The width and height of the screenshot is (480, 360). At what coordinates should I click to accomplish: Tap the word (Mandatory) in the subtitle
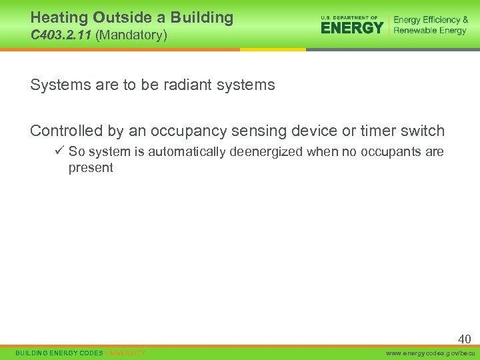(x=131, y=35)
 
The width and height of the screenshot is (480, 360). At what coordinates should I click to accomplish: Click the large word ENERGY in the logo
(x=352, y=27)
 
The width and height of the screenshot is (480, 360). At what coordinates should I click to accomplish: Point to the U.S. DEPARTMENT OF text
(x=349, y=17)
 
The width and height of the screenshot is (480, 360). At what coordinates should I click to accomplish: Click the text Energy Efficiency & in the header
(x=431, y=20)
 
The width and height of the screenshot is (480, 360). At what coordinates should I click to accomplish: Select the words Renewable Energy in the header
(x=430, y=31)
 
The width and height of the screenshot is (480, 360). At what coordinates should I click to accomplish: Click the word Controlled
(x=65, y=131)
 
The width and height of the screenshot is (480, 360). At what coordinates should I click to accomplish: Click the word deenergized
(x=265, y=152)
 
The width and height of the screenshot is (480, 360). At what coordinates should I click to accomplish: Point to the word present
(x=91, y=168)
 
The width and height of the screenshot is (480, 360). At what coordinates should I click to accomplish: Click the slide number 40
(x=464, y=339)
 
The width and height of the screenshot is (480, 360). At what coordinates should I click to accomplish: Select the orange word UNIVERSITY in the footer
(x=125, y=353)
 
